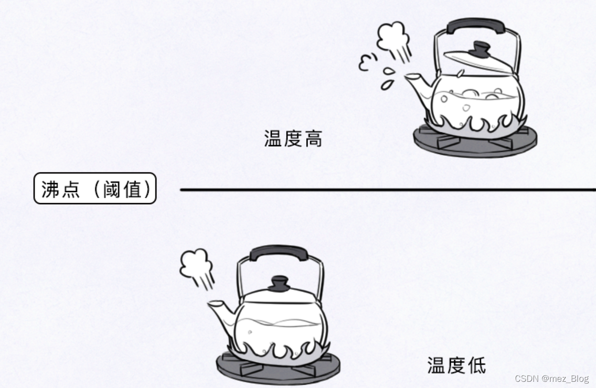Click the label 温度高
coord(293,139)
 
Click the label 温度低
coord(457,366)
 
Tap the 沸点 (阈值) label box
coord(95,189)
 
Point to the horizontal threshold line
coord(382,190)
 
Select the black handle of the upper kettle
coord(476,26)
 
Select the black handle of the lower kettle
coord(279,253)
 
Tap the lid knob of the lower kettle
coord(279,283)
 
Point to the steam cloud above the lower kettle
coord(196,265)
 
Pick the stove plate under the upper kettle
coord(475,141)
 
